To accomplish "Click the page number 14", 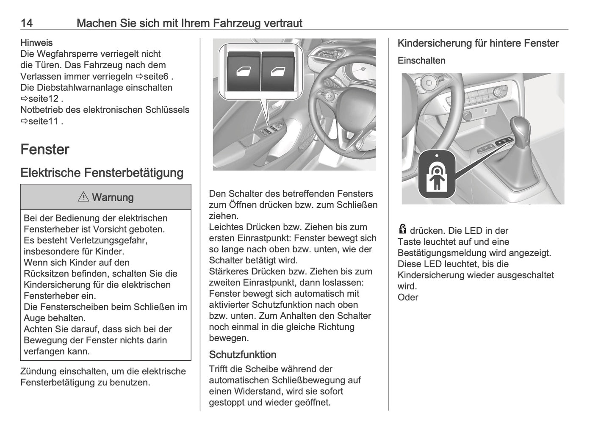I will (27, 23).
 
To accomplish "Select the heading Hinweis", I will (36, 43).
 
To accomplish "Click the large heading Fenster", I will (45, 149).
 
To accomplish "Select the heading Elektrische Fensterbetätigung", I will (102, 173).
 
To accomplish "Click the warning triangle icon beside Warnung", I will (83, 197).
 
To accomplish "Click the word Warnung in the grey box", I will (113, 197).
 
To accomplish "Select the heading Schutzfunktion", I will (242, 355).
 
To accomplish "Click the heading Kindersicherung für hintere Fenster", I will (478, 43).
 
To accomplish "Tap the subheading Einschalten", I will (421, 61).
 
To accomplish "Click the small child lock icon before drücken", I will (402, 229).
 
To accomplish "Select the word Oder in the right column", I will (408, 297).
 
